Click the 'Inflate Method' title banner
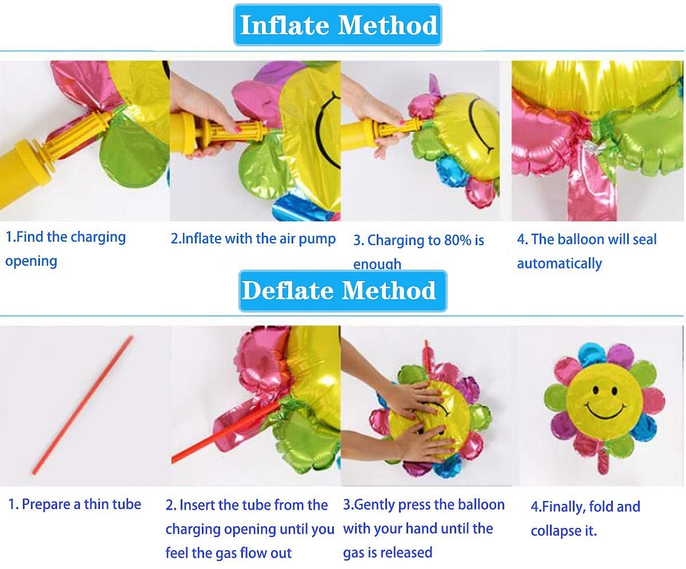point(338,25)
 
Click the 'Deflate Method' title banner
point(342,291)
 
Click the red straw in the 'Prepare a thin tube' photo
point(82,405)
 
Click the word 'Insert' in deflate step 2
point(197,505)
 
